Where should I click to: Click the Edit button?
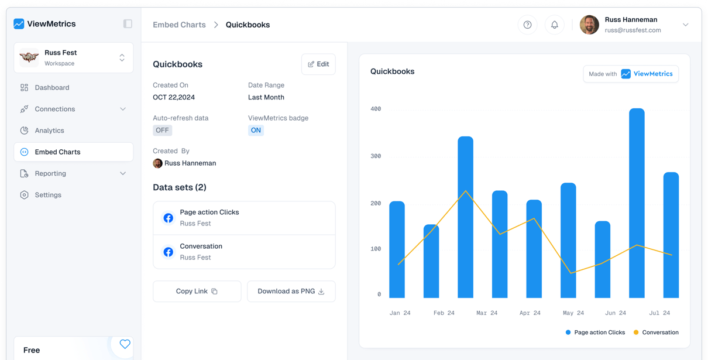pyautogui.click(x=318, y=64)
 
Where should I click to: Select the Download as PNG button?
pyautogui.click(x=291, y=292)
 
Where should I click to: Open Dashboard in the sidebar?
pyautogui.click(x=51, y=88)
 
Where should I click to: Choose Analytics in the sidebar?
pyautogui.click(x=49, y=131)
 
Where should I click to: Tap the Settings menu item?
pyautogui.click(x=47, y=195)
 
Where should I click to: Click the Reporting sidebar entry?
pyautogui.click(x=50, y=174)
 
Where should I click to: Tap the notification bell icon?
pyautogui.click(x=554, y=25)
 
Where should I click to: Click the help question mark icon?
pyautogui.click(x=527, y=25)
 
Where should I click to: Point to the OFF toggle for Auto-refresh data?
pyautogui.click(x=162, y=131)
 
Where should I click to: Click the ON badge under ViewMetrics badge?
pyautogui.click(x=256, y=131)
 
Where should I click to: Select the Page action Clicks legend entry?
pyautogui.click(x=595, y=332)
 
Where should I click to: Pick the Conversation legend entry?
pyautogui.click(x=656, y=332)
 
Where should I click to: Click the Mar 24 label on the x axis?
pyautogui.click(x=486, y=313)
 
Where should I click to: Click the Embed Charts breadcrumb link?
pyautogui.click(x=179, y=25)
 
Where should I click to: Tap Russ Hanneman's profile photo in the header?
pyautogui.click(x=589, y=25)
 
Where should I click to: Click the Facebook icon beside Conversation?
pyautogui.click(x=168, y=252)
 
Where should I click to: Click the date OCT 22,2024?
pyautogui.click(x=174, y=98)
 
